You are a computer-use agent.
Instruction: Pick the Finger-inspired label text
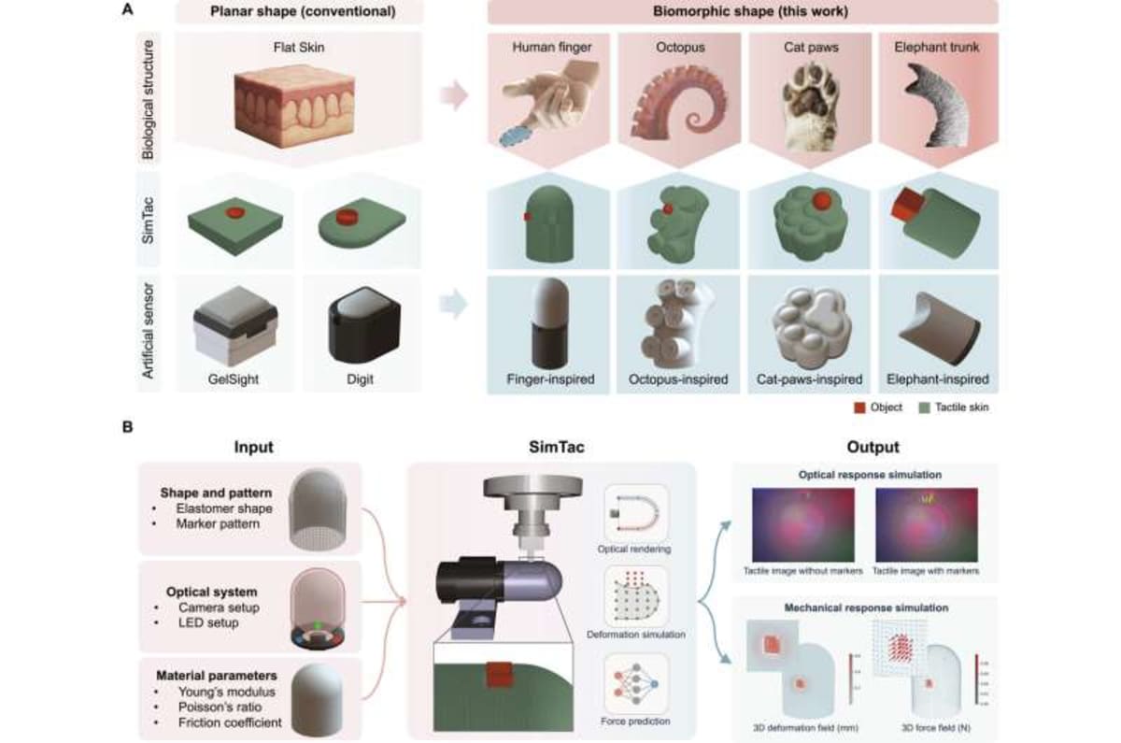549,380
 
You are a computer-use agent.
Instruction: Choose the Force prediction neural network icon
635,690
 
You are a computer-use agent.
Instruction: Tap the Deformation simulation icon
635,601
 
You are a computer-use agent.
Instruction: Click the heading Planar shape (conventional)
297,13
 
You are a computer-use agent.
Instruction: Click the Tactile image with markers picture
924,525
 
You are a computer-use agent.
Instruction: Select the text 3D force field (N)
924,724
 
